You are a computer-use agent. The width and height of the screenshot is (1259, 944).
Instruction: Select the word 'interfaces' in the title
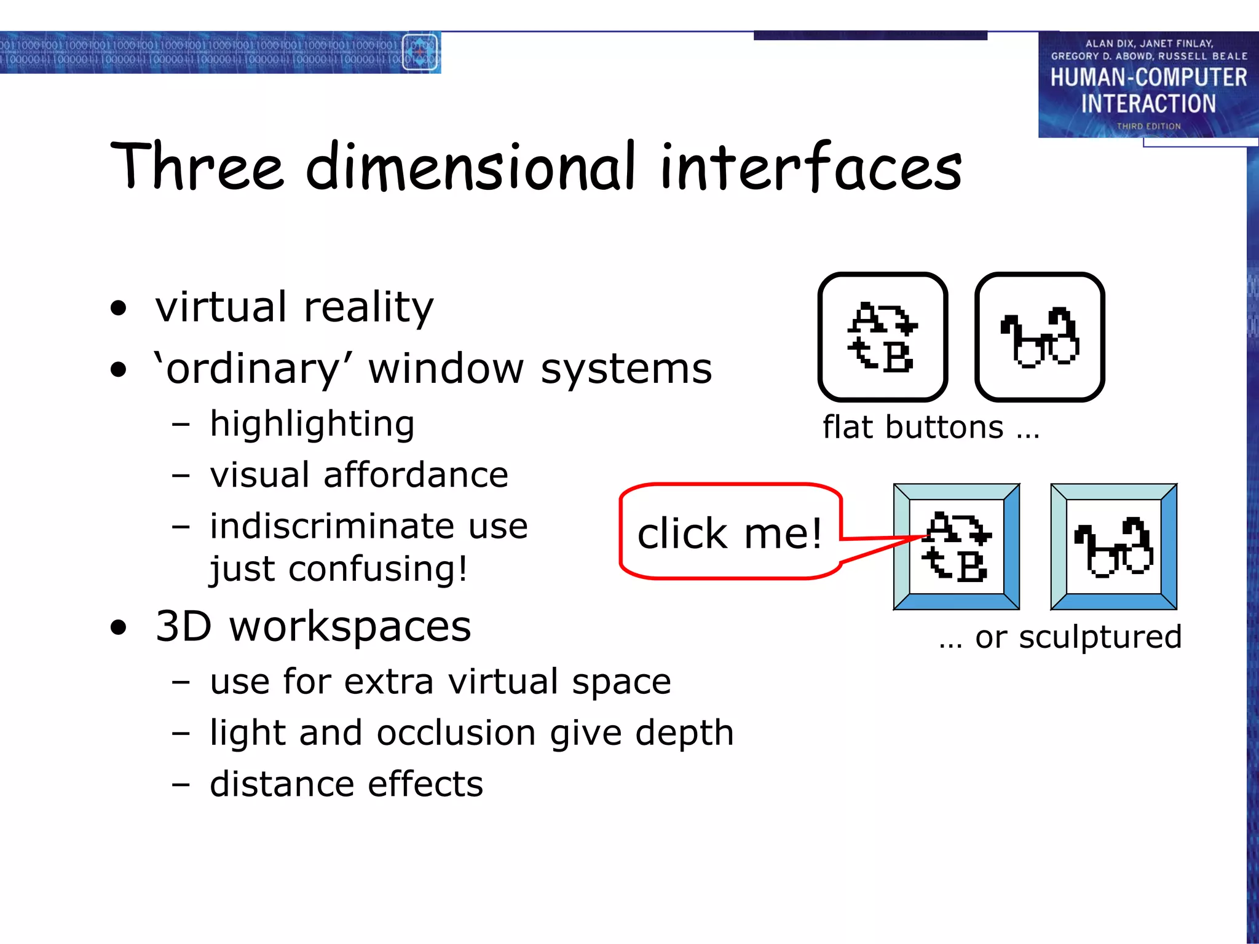[x=810, y=167]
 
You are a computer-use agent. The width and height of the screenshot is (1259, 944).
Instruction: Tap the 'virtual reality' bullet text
[x=294, y=307]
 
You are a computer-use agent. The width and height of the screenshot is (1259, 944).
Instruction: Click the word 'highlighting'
[x=312, y=425]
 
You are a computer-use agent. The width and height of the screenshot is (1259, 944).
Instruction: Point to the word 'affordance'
[x=416, y=475]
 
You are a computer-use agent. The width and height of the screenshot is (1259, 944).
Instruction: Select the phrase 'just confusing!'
[x=338, y=568]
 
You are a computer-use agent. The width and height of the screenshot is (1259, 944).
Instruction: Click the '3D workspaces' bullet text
[x=313, y=627]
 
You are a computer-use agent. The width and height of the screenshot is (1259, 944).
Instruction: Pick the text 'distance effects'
[x=346, y=784]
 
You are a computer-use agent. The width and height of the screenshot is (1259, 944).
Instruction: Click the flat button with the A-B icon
[x=882, y=337]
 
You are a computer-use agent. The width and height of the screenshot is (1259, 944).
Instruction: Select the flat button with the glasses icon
[x=1040, y=337]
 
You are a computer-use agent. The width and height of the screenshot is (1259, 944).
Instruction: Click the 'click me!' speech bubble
[x=730, y=532]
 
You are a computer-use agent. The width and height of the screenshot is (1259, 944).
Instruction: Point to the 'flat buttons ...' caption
[x=931, y=428]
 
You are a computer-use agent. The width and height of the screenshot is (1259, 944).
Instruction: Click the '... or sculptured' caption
[x=1060, y=637]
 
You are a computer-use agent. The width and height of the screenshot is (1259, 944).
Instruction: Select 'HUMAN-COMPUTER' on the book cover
[x=1148, y=77]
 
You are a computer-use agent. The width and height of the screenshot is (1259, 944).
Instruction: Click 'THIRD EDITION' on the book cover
[x=1148, y=126]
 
